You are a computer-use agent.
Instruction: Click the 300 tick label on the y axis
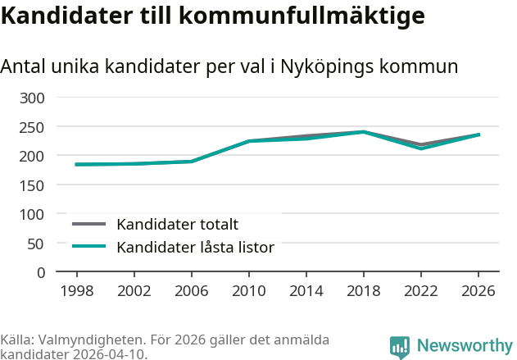[32, 98]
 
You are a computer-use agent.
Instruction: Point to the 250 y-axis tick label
[32, 127]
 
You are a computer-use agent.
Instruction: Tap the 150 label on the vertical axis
[32, 185]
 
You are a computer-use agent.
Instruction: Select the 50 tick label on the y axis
[35, 244]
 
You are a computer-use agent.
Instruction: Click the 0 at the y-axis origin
[41, 273]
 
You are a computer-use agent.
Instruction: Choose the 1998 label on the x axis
[77, 290]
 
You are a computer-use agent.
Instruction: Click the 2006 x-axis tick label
[192, 290]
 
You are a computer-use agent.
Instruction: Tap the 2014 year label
[306, 290]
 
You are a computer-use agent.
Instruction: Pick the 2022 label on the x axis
[421, 290]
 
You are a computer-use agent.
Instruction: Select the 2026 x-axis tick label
[478, 290]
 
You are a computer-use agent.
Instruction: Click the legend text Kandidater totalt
[178, 225]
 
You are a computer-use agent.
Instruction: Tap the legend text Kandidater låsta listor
[196, 247]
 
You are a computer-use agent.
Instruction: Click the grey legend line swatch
[88, 224]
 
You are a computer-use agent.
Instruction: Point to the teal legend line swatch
[88, 246]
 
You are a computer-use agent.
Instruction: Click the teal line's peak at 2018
[364, 132]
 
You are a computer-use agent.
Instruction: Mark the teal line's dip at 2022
[421, 148]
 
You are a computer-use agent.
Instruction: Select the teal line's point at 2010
[249, 141]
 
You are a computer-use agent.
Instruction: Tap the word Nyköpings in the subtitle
[327, 67]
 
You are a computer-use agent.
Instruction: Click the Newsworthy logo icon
[400, 347]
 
